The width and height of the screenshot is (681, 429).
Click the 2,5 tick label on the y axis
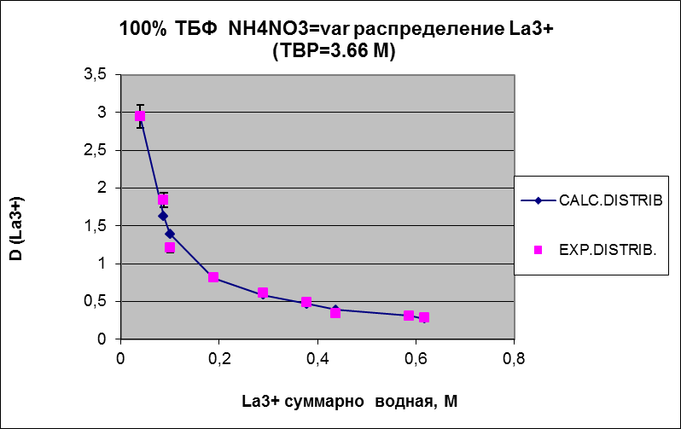coord(94,150)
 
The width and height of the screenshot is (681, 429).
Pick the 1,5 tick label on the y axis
coord(94,226)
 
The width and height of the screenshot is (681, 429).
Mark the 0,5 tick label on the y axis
coord(94,301)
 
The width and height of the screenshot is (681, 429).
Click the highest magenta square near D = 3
coord(140,116)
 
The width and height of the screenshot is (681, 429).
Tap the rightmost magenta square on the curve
coord(424,317)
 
